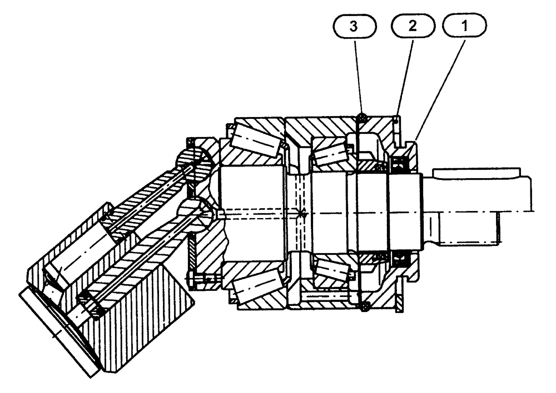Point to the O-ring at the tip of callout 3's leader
[362, 117]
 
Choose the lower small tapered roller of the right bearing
[332, 270]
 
